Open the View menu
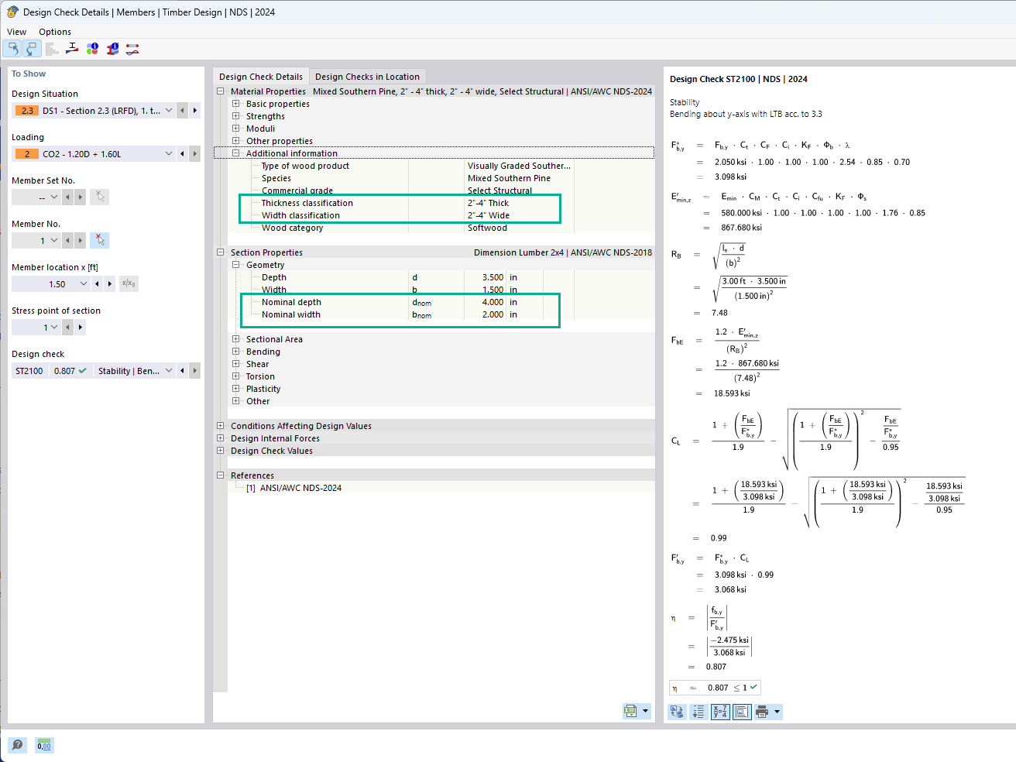pos(17,32)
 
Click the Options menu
pos(55,32)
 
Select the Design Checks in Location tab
pos(367,77)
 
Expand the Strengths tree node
pos(236,115)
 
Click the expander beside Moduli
pos(236,128)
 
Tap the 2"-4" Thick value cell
pos(488,203)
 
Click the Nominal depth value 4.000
pos(493,302)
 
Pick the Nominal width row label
pos(290,314)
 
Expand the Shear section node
pos(236,364)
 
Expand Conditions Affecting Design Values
pos(221,426)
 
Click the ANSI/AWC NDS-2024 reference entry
pos(300,488)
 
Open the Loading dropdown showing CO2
pos(169,153)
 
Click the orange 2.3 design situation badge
pos(27,111)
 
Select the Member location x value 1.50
pos(57,284)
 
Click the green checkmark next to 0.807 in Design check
pos(82,371)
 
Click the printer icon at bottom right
pos(762,712)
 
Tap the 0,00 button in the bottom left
pos(44,745)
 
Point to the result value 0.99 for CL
pos(719,538)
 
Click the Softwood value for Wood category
pos(487,228)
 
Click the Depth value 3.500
pos(493,277)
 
